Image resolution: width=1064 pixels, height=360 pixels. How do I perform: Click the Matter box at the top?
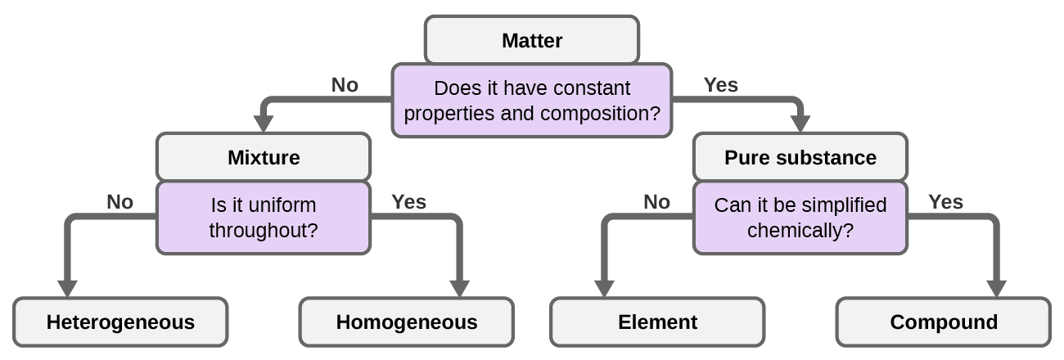[531, 40]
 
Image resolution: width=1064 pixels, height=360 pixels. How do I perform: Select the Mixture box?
[263, 157]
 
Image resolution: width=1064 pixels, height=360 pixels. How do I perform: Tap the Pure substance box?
[800, 157]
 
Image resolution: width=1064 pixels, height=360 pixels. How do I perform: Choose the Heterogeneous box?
[120, 322]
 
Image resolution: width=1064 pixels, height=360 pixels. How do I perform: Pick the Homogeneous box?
[406, 322]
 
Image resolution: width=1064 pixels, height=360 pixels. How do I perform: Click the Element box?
[656, 322]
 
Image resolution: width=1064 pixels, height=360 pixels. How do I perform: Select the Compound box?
[943, 322]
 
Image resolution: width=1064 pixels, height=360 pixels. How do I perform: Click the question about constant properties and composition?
[531, 101]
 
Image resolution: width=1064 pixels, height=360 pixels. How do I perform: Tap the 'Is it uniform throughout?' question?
[263, 218]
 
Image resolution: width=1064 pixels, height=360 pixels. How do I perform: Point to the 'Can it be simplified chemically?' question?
[800, 218]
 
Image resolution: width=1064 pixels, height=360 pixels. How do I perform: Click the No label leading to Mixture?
[345, 85]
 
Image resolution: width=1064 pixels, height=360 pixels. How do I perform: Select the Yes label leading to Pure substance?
[720, 85]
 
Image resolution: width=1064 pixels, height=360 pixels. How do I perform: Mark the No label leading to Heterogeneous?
[119, 202]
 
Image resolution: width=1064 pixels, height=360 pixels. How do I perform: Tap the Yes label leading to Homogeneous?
[408, 202]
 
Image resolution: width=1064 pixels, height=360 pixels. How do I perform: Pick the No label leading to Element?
[656, 202]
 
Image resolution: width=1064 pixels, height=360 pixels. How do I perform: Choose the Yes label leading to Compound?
[945, 202]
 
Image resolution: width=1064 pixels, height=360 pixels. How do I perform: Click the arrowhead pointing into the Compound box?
[996, 289]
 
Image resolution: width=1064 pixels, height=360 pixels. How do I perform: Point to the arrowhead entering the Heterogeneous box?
[67, 289]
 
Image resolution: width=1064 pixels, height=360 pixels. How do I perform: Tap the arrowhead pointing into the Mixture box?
[263, 124]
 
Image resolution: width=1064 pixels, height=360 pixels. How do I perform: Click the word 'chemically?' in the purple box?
[800, 231]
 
